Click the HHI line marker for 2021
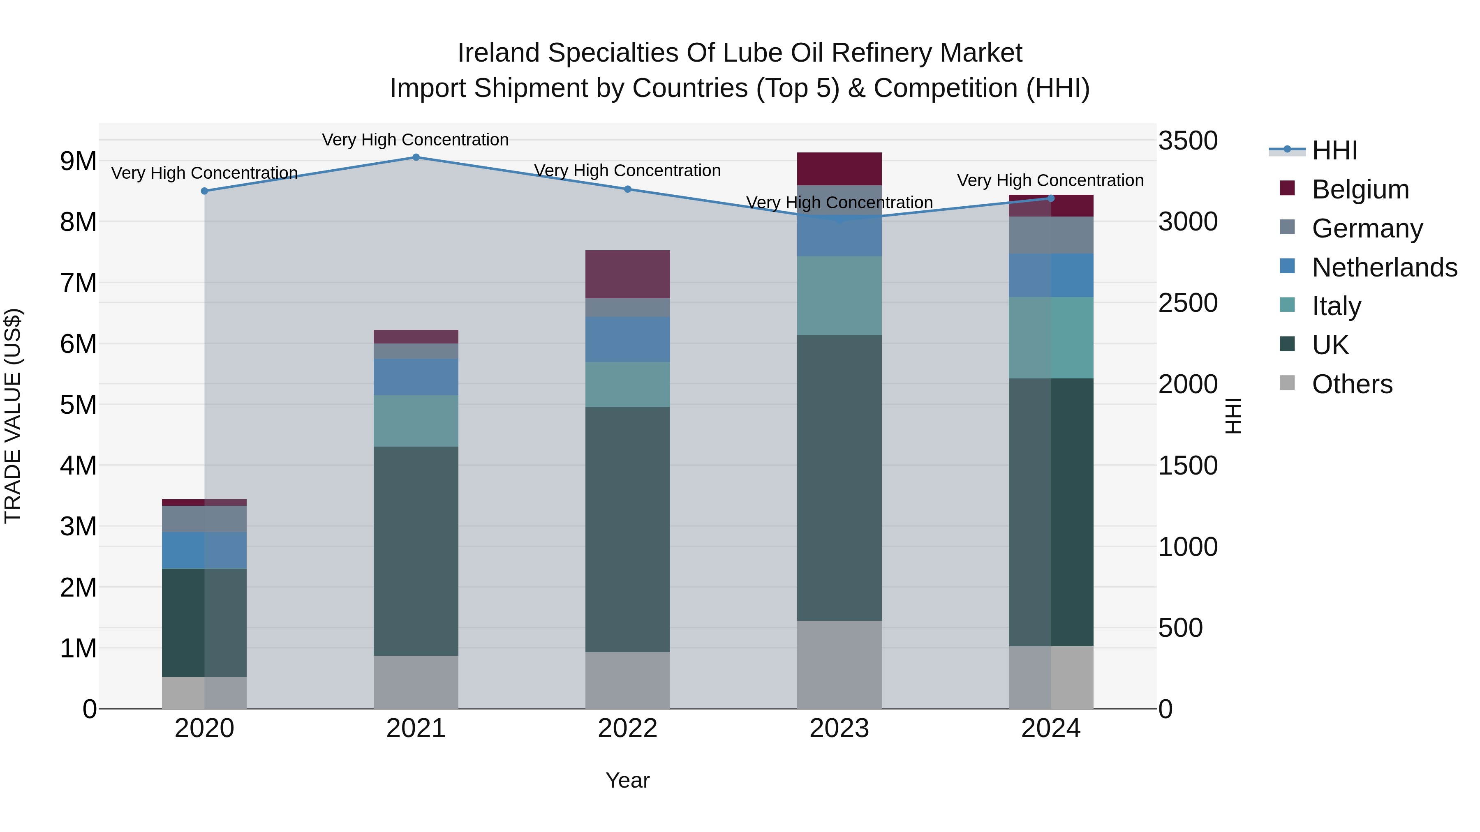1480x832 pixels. [x=416, y=157]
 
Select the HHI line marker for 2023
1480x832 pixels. [x=839, y=219]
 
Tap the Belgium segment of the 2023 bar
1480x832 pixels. [x=839, y=169]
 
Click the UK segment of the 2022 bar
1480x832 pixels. [x=627, y=530]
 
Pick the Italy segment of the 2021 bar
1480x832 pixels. [x=416, y=421]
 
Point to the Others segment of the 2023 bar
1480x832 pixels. [x=839, y=664]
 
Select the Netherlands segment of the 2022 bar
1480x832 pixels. [x=627, y=339]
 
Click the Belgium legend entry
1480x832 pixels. [x=1360, y=189]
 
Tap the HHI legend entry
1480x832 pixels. [x=1334, y=150]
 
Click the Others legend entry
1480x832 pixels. [x=1352, y=384]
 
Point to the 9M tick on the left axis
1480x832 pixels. [x=79, y=161]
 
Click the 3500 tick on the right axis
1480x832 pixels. [x=1188, y=141]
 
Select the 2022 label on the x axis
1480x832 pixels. [x=627, y=728]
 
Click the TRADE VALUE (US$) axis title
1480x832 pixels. [x=13, y=416]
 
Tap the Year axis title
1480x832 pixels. [x=627, y=780]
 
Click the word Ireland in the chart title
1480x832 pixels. [x=498, y=53]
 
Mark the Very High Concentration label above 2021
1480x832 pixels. [x=415, y=140]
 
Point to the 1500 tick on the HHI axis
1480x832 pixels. [x=1188, y=466]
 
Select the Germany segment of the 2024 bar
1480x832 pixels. [x=1051, y=235]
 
